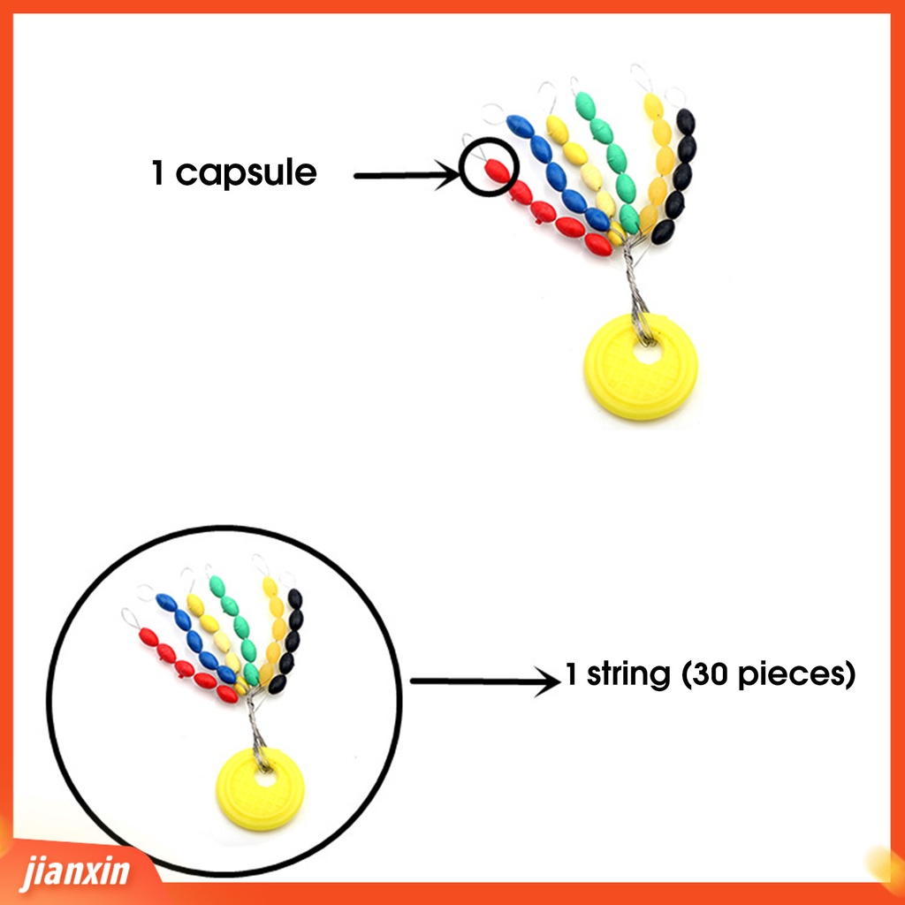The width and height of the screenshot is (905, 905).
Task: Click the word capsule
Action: click(x=246, y=173)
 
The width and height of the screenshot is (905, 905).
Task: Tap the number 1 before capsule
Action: click(x=158, y=172)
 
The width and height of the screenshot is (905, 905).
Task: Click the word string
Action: click(x=627, y=676)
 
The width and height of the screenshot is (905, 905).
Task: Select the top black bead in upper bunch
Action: click(x=684, y=120)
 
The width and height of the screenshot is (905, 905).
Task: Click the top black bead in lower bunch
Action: click(x=294, y=598)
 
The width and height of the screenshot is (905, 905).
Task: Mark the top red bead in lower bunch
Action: click(x=148, y=636)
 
